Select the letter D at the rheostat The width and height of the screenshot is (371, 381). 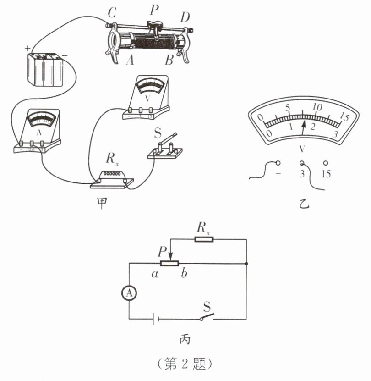tap(185, 17)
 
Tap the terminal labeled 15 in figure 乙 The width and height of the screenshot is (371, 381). tap(326, 163)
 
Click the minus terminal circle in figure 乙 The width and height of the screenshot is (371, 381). tap(278, 163)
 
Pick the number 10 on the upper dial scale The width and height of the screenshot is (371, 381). tap(316, 106)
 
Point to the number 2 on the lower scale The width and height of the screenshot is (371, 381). tap(313, 127)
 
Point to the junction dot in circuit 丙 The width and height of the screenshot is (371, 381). tap(246, 264)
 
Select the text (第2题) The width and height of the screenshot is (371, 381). tap(185, 364)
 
